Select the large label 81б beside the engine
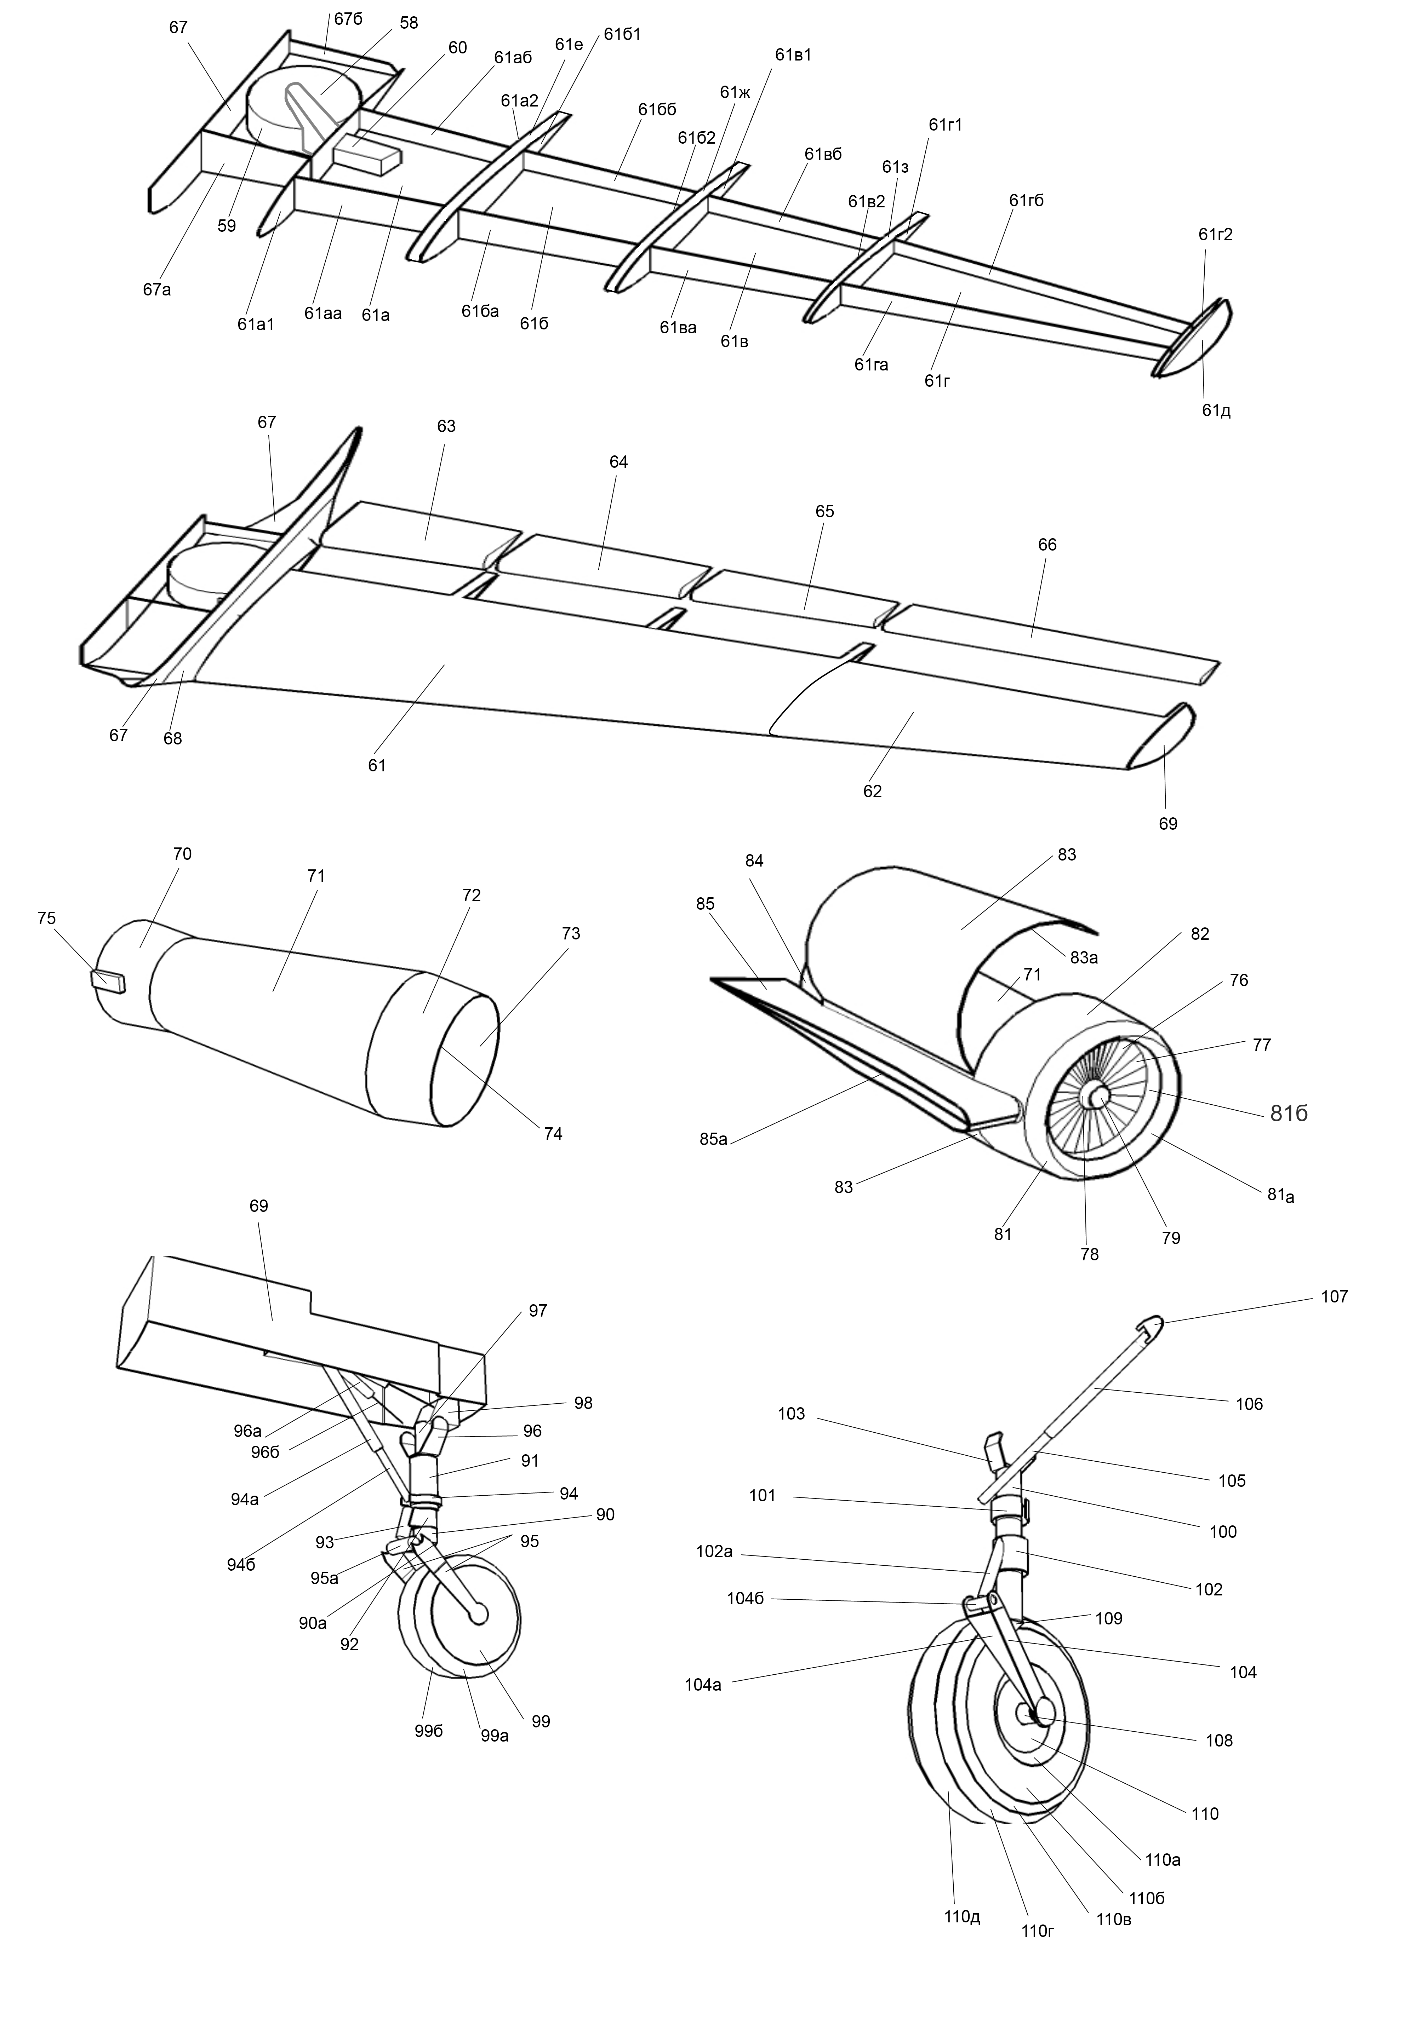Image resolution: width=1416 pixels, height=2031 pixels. pyautogui.click(x=1288, y=1115)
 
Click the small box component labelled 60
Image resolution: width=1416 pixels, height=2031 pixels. pyautogui.click(x=366, y=159)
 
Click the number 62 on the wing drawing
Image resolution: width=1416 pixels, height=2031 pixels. pyautogui.click(x=872, y=791)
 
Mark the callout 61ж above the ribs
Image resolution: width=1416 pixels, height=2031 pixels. pyautogui.click(x=735, y=92)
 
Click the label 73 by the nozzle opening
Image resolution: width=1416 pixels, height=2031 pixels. pyautogui.click(x=571, y=933)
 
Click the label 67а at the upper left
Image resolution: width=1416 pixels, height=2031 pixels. pyautogui.click(x=156, y=289)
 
